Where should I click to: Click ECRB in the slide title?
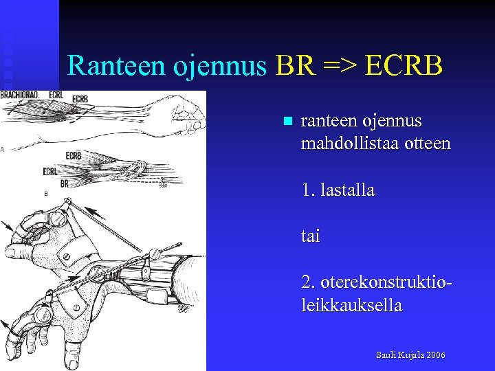point(406,65)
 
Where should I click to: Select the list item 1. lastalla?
point(338,190)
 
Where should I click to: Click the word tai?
point(311,236)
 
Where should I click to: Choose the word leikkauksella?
point(351,305)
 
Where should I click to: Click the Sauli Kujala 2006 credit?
point(410,355)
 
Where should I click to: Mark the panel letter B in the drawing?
point(46,194)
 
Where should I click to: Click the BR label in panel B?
point(65,183)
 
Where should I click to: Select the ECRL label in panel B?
point(50,171)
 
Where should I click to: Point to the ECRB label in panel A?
point(80,99)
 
